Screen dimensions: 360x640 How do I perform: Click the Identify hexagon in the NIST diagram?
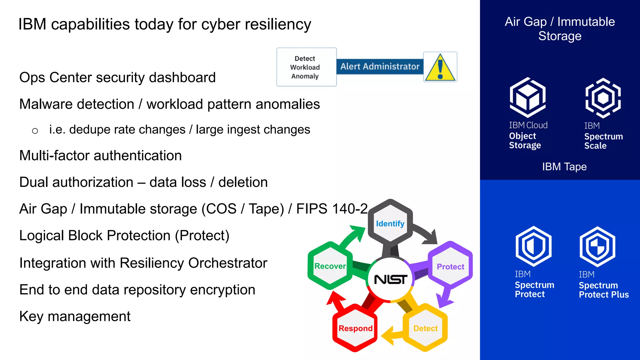coord(390,223)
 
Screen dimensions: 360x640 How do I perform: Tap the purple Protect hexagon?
coord(450,266)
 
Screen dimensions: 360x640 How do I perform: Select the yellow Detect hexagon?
coord(425,328)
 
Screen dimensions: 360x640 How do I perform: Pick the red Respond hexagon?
coord(355,328)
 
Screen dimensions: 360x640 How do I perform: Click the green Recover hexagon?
coord(330,266)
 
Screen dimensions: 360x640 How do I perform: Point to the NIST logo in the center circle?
coord(390,279)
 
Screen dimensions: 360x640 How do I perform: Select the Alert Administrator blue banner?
coord(380,67)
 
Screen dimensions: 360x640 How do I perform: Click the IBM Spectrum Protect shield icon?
coord(533,246)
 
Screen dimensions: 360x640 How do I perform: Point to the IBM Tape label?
coord(564,167)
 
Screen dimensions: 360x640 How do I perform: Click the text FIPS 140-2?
coord(332,209)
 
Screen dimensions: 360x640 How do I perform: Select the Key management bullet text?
coord(75,316)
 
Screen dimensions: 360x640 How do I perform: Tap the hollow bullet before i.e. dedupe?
coord(35,131)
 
